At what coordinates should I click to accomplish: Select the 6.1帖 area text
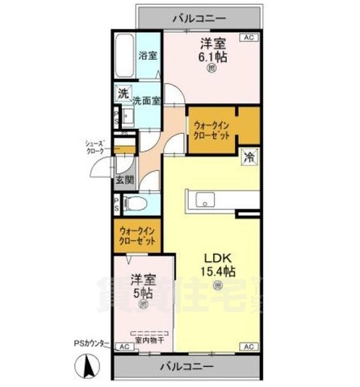(213, 58)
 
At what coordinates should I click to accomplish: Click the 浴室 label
(146, 57)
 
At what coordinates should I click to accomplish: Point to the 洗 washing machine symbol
(123, 94)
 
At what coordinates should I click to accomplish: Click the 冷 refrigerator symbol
(250, 157)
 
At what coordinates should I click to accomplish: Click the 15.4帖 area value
(217, 273)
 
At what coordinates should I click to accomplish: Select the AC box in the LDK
(248, 347)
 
